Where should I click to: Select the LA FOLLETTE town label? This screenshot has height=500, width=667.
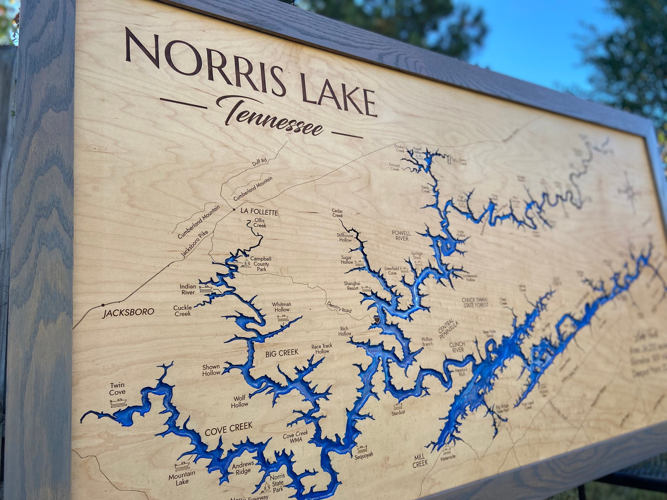point(259,212)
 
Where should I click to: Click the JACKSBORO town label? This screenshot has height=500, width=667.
point(129,312)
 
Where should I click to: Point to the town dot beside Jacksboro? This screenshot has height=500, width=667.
point(102,304)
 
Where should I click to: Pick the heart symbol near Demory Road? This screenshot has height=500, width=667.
point(377,320)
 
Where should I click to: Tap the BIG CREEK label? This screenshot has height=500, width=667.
point(281,353)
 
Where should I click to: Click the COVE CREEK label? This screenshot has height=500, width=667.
point(228,429)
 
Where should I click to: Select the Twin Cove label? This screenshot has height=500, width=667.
point(118,388)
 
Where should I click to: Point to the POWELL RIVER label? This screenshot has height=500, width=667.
point(402,236)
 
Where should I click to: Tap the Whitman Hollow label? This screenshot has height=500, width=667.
point(281,307)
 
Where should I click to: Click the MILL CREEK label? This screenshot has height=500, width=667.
point(420,460)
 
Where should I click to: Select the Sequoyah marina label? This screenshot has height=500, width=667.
point(364,455)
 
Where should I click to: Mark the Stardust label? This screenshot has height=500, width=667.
point(398,413)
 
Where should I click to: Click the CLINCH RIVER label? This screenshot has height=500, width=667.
point(457,347)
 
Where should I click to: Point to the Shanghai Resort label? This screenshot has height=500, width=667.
point(352,286)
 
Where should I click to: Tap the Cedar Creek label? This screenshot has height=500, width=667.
point(337,213)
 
